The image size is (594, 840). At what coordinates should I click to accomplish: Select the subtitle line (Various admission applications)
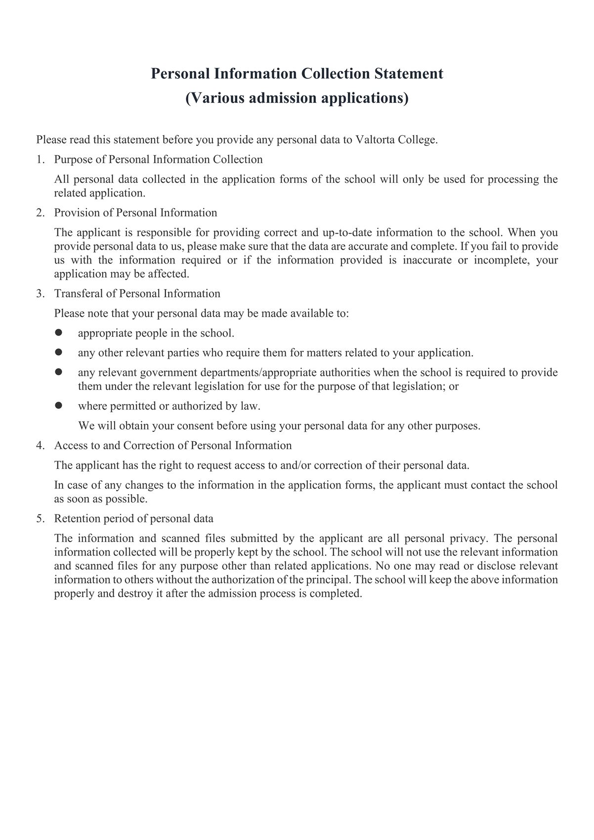point(297,98)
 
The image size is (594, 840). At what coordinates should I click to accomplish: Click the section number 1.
point(40,160)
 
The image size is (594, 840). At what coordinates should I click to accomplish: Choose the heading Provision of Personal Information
point(135,213)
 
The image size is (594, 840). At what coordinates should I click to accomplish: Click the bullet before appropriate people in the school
point(58,333)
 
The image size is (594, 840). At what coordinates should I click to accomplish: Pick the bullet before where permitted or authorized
point(58,406)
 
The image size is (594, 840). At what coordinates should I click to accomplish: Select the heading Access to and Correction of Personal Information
point(173,446)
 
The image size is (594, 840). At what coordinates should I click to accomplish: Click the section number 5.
point(40,519)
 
